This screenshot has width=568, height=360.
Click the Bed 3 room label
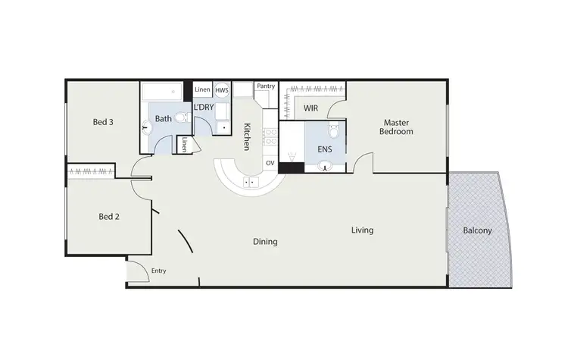(x=103, y=122)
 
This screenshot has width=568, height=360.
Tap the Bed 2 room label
(x=110, y=216)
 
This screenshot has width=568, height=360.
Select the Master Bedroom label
(x=397, y=127)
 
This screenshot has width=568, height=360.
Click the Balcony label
(x=477, y=230)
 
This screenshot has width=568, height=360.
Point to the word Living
(x=362, y=230)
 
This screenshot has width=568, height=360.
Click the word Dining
(x=265, y=242)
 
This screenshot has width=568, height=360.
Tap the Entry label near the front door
(x=158, y=271)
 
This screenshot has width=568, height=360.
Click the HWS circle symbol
(x=222, y=90)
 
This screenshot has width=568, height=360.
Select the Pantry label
(x=265, y=86)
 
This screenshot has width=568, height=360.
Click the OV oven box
(x=270, y=163)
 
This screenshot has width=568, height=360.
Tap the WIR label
(x=311, y=108)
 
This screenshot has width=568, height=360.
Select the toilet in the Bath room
(x=180, y=117)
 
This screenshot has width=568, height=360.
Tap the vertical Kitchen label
(x=247, y=136)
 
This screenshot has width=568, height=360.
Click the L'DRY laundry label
(x=202, y=108)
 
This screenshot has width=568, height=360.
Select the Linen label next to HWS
(x=202, y=90)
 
